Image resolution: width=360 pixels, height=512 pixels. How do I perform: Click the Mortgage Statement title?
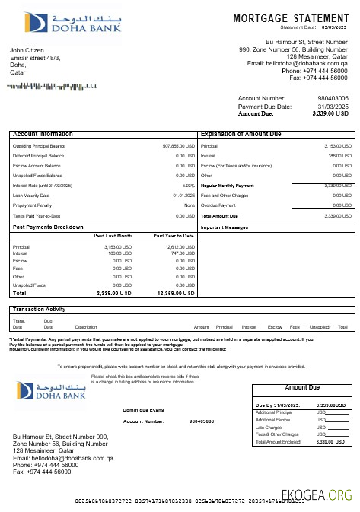click(x=290, y=18)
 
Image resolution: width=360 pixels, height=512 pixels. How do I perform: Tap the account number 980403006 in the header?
click(x=333, y=98)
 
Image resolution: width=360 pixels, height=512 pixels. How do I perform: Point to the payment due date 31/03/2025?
click(x=333, y=107)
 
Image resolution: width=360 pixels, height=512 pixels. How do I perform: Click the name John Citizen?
click(x=27, y=50)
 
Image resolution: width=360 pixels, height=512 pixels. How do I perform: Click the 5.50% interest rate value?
click(x=189, y=185)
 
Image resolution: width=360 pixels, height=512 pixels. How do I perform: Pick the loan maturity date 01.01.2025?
click(x=184, y=195)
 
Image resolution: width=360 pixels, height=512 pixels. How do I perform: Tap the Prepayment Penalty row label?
click(x=33, y=205)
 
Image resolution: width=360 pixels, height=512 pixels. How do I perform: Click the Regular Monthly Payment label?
click(x=226, y=185)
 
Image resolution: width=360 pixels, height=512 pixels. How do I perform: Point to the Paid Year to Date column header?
click(x=174, y=236)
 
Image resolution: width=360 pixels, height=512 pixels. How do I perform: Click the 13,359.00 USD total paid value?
click(x=176, y=293)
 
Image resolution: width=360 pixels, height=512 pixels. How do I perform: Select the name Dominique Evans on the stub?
click(x=144, y=410)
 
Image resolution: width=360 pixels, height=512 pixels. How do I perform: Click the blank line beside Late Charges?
click(x=337, y=428)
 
